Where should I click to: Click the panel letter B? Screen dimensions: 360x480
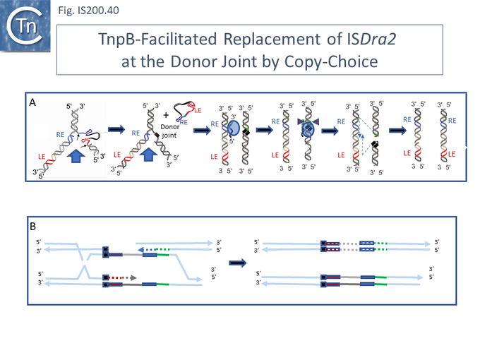(x=33, y=227)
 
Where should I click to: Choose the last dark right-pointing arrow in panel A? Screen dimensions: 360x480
(x=390, y=131)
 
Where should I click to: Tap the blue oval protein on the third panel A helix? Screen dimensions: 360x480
(x=233, y=127)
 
